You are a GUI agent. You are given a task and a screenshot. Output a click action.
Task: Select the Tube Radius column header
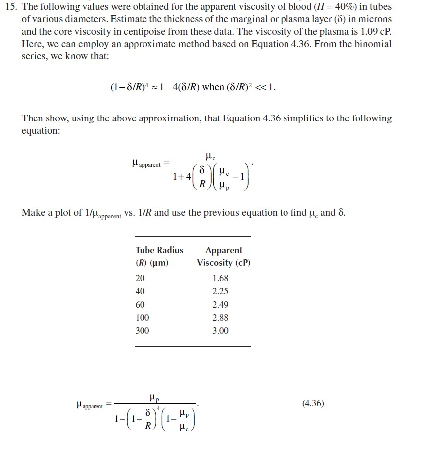(x=159, y=250)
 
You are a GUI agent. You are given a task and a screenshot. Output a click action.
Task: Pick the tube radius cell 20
(x=140, y=278)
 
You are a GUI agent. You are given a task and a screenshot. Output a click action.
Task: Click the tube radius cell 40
(x=140, y=291)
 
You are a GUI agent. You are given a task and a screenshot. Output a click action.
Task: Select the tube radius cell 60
(x=140, y=304)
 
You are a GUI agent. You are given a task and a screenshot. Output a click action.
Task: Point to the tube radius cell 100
(x=142, y=317)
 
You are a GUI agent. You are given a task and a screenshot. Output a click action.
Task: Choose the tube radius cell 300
(x=142, y=330)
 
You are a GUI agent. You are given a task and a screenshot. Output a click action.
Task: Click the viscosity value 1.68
(x=220, y=278)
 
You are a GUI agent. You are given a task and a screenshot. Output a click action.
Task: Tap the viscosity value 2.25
(x=220, y=291)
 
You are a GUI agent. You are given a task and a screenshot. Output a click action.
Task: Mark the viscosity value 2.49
(x=220, y=304)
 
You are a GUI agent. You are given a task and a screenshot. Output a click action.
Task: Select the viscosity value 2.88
(x=220, y=317)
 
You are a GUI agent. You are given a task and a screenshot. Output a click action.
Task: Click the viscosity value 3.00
(x=220, y=330)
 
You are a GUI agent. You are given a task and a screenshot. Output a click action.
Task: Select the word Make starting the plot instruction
(x=32, y=213)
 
